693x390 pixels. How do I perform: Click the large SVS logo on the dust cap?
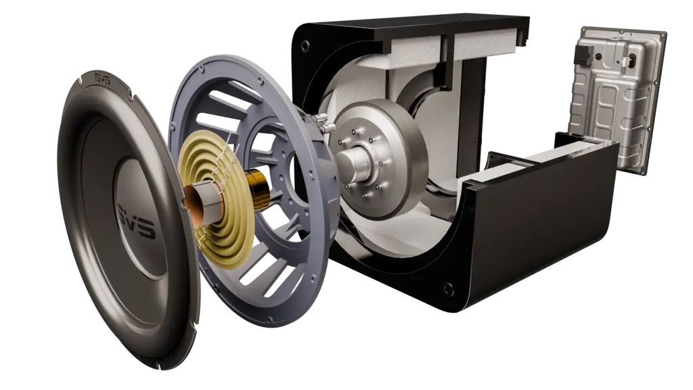(x=137, y=221)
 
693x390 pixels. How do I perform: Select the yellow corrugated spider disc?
(x=216, y=199)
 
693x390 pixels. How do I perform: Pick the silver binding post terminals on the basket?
(x=323, y=123)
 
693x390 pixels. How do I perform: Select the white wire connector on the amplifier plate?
(x=626, y=62)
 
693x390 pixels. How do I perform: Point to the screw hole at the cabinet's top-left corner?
(x=305, y=45)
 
